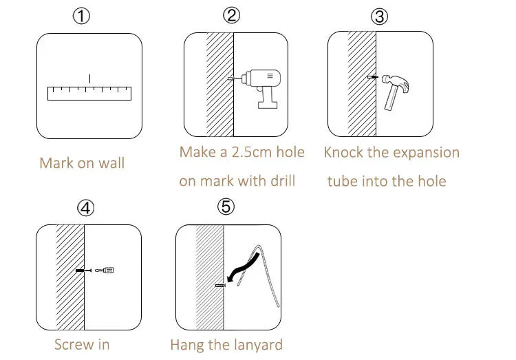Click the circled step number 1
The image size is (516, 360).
[81, 16]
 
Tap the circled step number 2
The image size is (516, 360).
[231, 15]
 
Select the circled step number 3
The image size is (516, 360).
[379, 17]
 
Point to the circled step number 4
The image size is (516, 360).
[85, 208]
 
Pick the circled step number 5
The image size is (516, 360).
[226, 207]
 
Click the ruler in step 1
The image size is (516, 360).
[89, 93]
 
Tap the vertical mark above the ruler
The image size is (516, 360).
[90, 78]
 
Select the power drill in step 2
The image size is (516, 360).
[256, 88]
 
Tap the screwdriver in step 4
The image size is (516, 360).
[105, 271]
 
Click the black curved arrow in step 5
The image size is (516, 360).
[244, 268]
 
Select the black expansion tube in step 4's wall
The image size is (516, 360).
[80, 271]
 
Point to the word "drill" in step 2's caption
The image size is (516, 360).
[283, 181]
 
